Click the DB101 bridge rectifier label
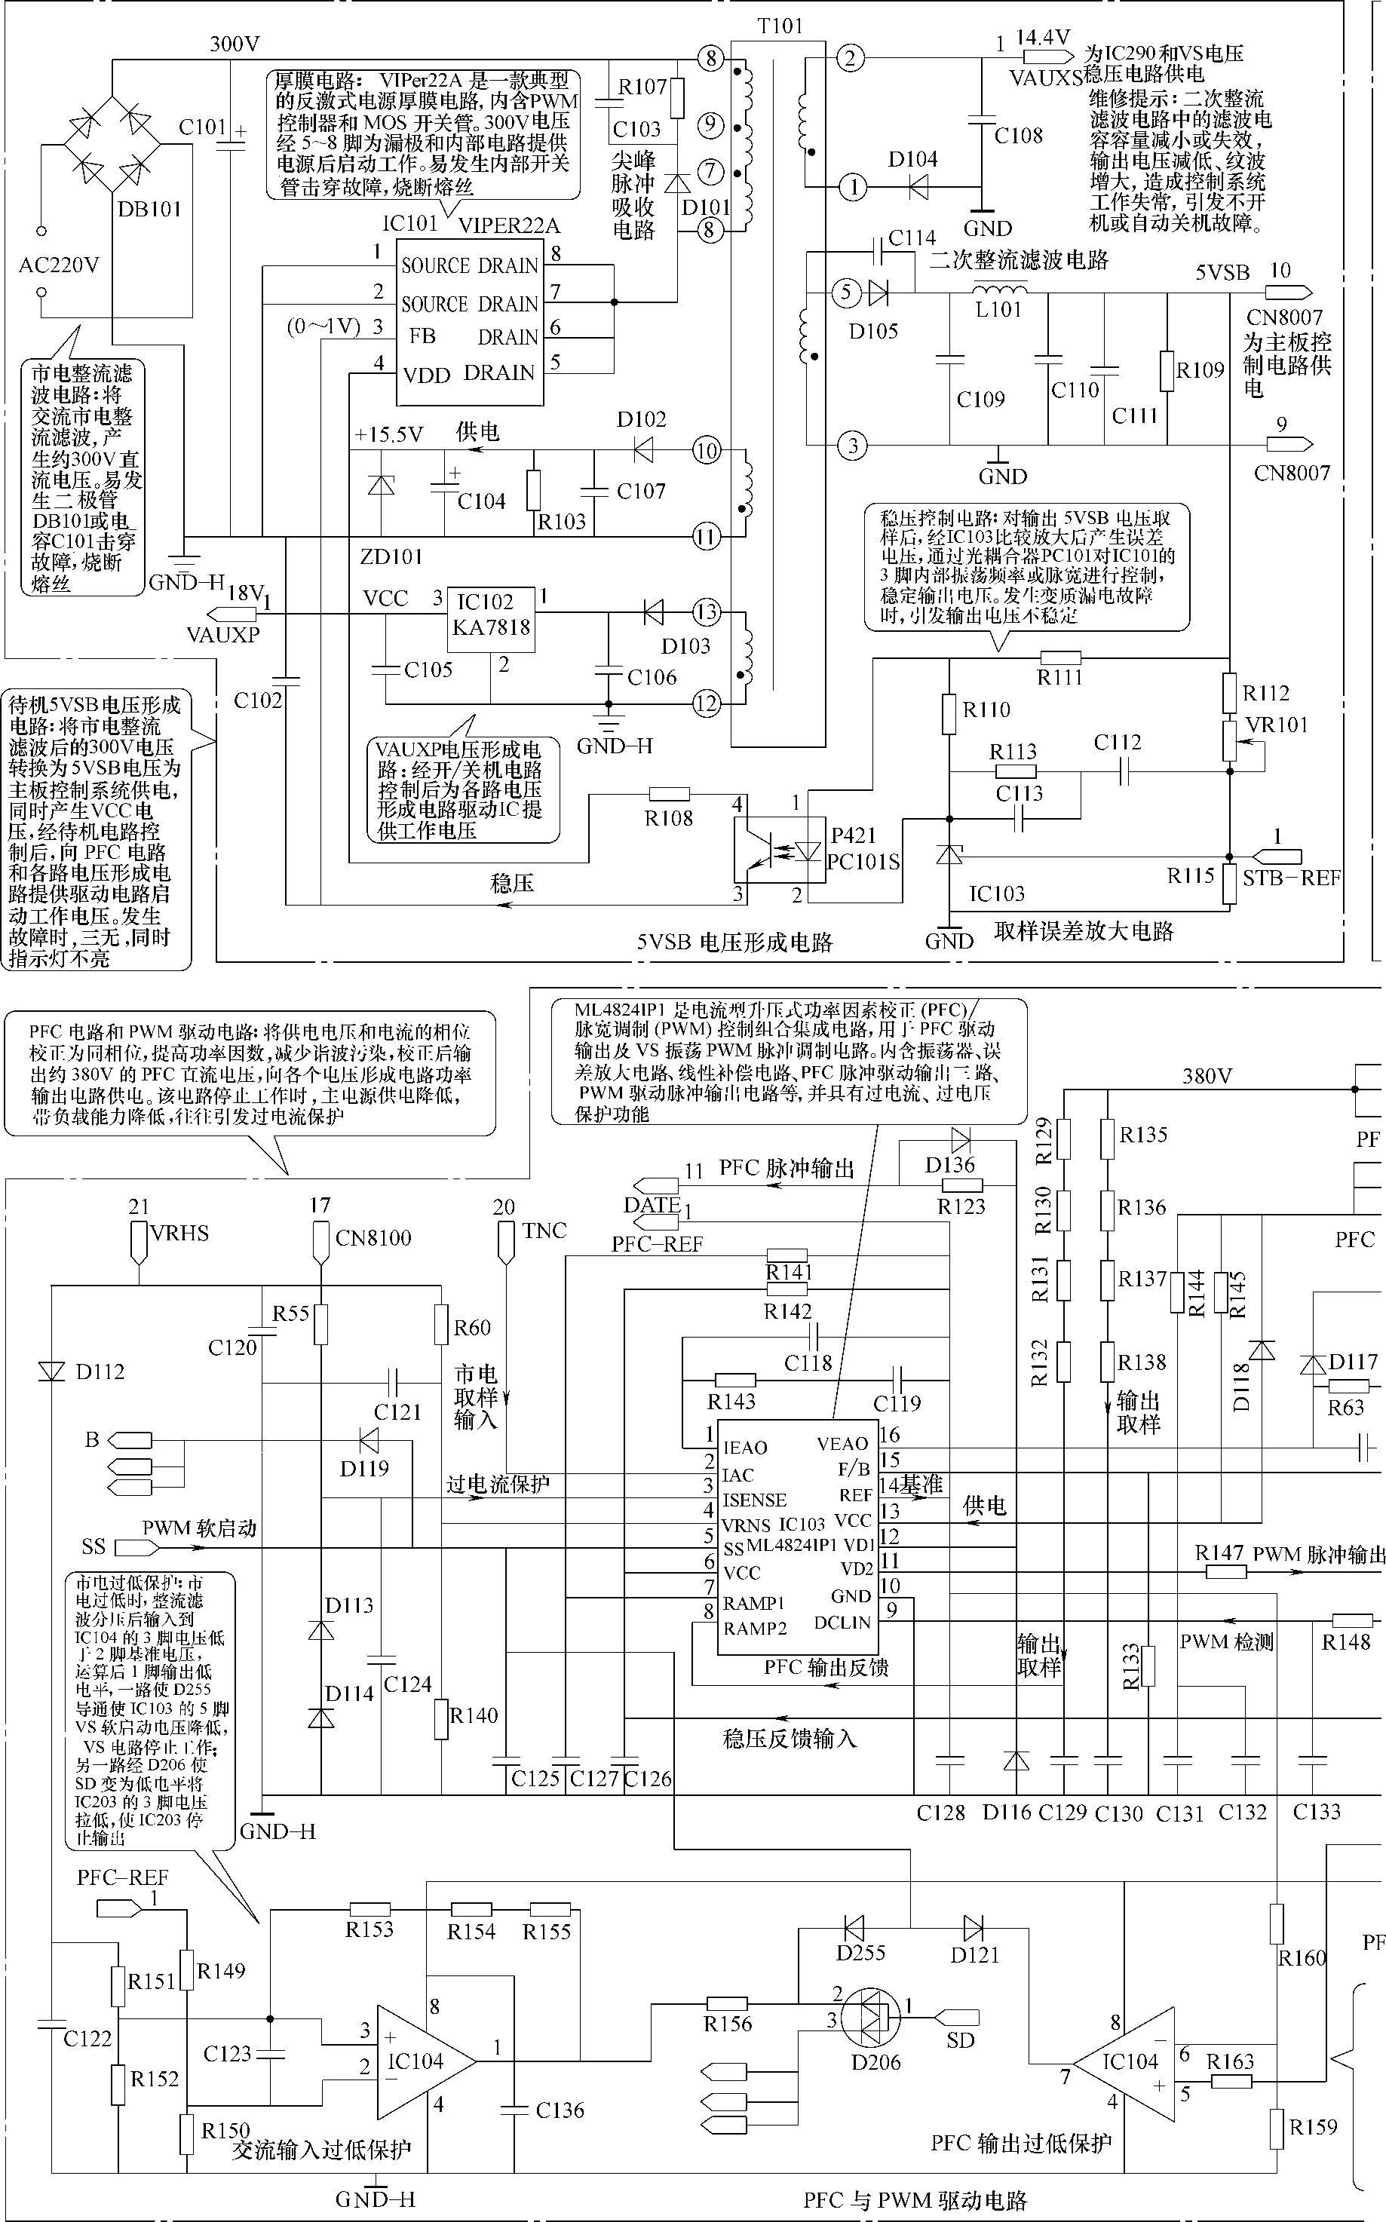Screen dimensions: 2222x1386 pyautogui.click(x=149, y=209)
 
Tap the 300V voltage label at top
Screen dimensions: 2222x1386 pyautogui.click(x=234, y=43)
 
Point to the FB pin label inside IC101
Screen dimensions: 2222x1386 pyautogui.click(x=422, y=336)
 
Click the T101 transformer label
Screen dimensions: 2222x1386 pyautogui.click(x=780, y=26)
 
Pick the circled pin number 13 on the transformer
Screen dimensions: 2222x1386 pyautogui.click(x=706, y=612)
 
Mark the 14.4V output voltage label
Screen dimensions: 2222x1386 pyautogui.click(x=1042, y=38)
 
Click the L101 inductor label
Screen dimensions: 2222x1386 pyautogui.click(x=998, y=310)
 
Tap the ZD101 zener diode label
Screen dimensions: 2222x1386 pyautogui.click(x=391, y=556)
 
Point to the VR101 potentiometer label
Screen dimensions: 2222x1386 pyautogui.click(x=1277, y=725)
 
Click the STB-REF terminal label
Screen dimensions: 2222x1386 pyautogui.click(x=1291, y=878)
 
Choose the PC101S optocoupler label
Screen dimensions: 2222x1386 pyautogui.click(x=863, y=863)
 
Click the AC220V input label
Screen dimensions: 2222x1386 pyautogui.click(x=59, y=265)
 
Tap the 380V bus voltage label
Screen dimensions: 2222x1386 pyautogui.click(x=1207, y=1076)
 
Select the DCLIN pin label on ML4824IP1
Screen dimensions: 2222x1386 pyautogui.click(x=842, y=1622)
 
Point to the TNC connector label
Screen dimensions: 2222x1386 pyautogui.click(x=544, y=1231)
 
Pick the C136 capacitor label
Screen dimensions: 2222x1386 pyautogui.click(x=560, y=2110)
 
